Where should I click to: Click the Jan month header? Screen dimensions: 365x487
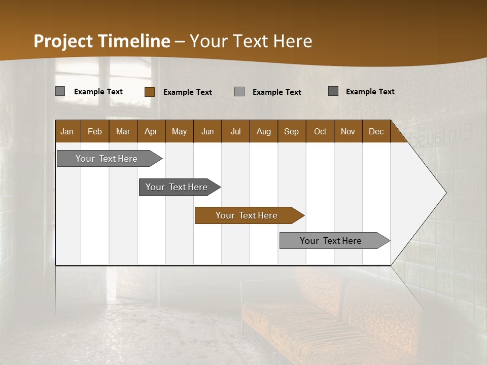pyautogui.click(x=67, y=131)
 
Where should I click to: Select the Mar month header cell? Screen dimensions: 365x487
pyautogui.click(x=123, y=131)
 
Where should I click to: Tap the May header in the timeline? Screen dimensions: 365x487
pyautogui.click(x=179, y=131)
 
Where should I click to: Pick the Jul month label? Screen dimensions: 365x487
pyautogui.click(x=235, y=131)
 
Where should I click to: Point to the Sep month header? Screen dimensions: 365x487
pyautogui.click(x=291, y=131)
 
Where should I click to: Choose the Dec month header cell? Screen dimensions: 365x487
pyautogui.click(x=376, y=131)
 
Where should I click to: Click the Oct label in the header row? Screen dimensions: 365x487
pyautogui.click(x=320, y=131)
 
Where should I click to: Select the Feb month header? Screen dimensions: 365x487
pyautogui.click(x=95, y=131)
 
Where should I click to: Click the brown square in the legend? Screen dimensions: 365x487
pyautogui.click(x=150, y=92)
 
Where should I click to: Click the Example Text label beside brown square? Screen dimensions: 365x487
pyautogui.click(x=187, y=92)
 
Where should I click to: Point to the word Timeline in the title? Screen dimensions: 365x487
pyautogui.click(x=134, y=41)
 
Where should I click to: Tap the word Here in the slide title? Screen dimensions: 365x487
pyautogui.click(x=293, y=41)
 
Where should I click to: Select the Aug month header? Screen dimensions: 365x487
pyautogui.click(x=263, y=131)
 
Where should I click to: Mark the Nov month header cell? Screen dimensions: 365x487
pyautogui.click(x=347, y=131)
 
